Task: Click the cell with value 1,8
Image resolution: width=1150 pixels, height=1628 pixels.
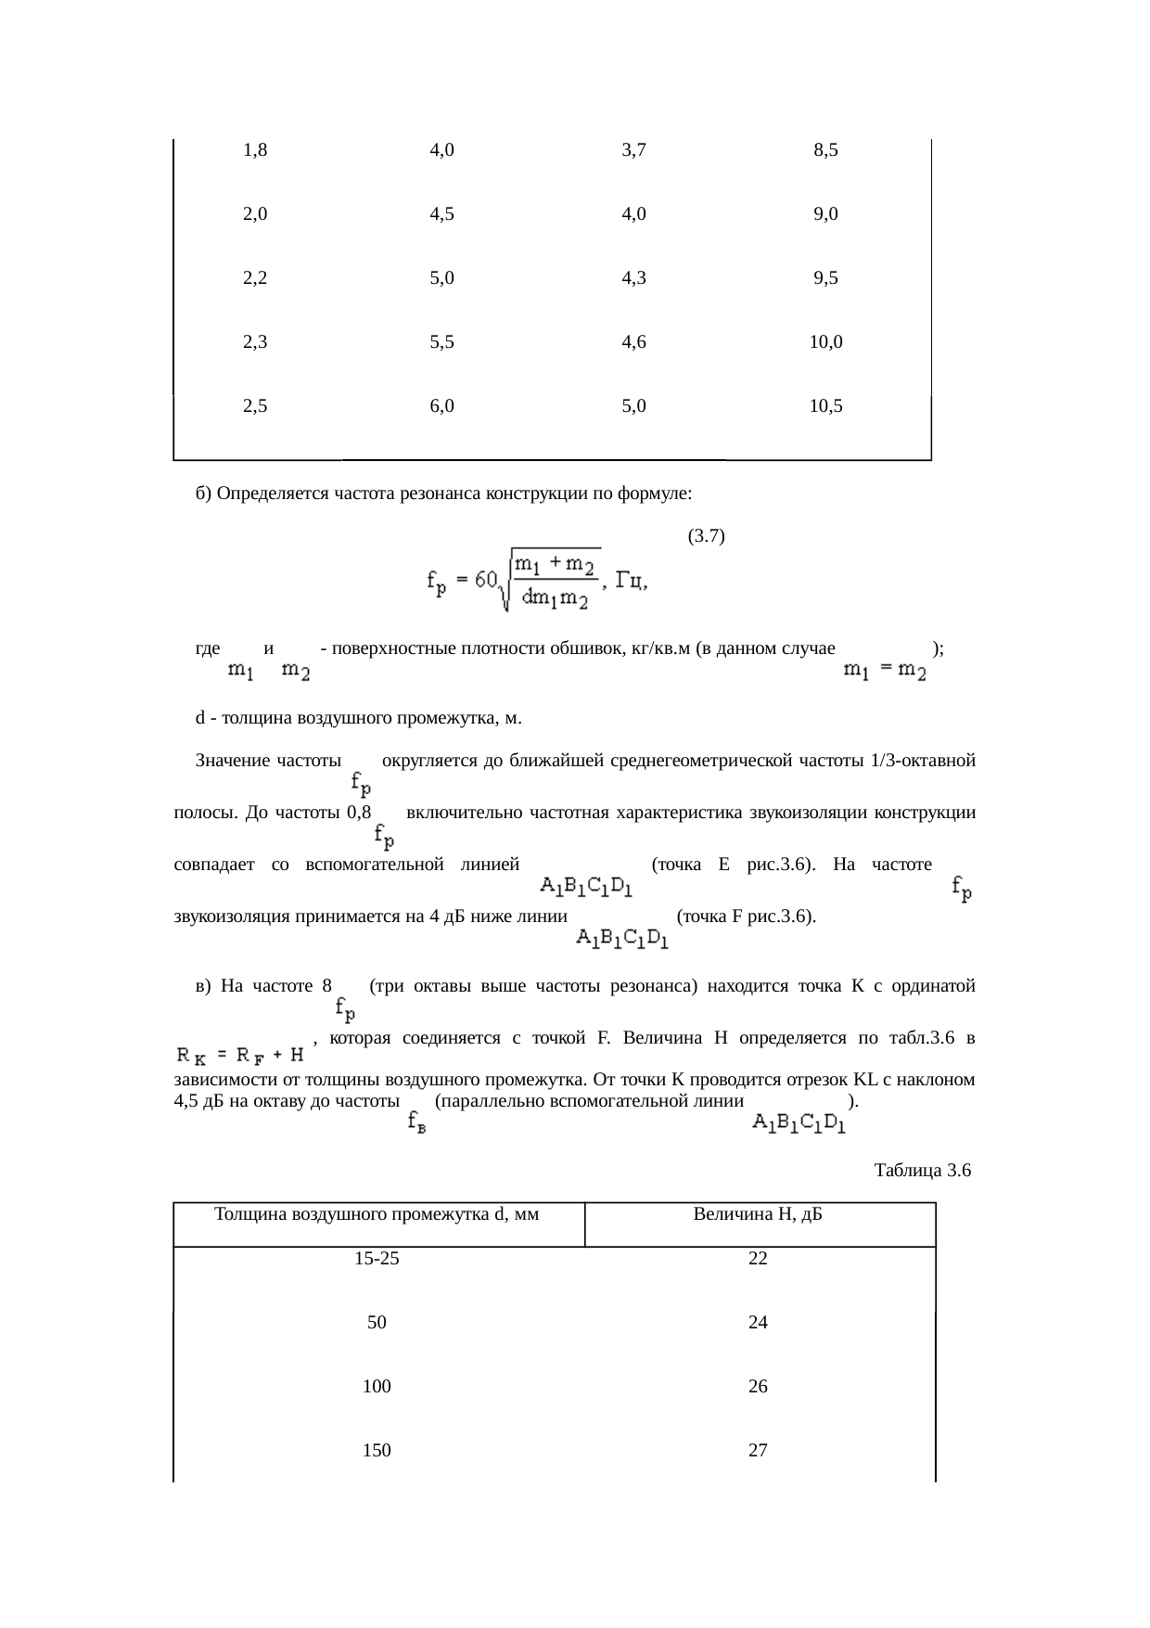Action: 255,149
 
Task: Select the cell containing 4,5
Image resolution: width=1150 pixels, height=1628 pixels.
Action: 442,214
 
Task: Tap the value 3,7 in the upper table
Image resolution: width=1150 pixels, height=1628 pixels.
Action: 634,149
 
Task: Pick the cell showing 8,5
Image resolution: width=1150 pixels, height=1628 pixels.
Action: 825,149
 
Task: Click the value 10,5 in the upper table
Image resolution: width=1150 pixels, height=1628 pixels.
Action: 825,405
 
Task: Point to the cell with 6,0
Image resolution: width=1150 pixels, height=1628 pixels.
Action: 442,405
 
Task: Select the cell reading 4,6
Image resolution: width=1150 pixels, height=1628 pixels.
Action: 634,341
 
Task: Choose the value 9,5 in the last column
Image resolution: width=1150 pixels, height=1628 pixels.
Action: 825,277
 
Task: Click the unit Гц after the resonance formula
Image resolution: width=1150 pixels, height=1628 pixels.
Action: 632,582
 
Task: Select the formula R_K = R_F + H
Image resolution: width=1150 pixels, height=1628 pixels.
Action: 241,1055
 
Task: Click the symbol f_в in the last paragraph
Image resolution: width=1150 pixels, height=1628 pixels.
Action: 417,1122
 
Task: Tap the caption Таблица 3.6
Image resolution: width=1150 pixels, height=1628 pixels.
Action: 922,1170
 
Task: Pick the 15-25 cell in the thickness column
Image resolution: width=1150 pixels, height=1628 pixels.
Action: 377,1259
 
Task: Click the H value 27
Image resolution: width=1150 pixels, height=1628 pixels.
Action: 758,1451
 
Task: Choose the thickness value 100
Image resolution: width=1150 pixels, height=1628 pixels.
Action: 377,1387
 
